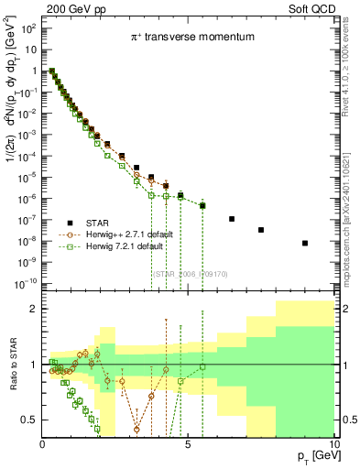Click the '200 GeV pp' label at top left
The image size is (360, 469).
tap(72, 7)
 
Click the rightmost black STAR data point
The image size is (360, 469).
tap(305, 243)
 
